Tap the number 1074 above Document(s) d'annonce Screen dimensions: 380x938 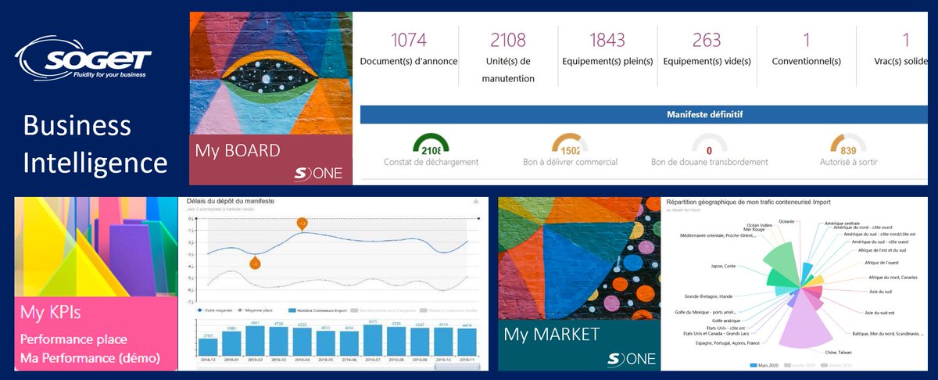click(409, 40)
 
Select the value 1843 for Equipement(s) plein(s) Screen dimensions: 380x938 click(607, 40)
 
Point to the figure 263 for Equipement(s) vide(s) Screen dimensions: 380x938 click(707, 40)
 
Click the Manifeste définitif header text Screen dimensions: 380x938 click(704, 114)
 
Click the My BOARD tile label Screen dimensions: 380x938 click(238, 149)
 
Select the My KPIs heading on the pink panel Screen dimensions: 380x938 click(52, 314)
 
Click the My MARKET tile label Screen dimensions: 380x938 click(551, 335)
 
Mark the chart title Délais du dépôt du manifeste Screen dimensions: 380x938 click(230, 202)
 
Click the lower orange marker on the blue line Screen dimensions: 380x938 click(255, 263)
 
